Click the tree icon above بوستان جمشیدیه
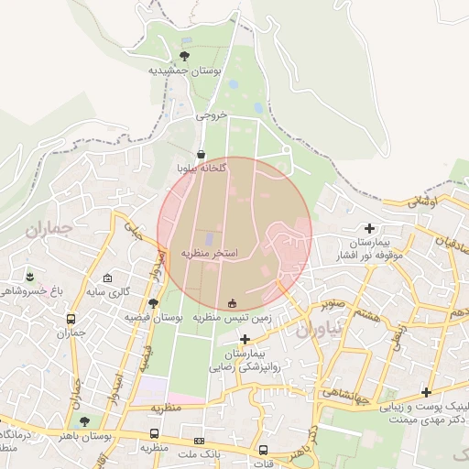[x=184, y=56]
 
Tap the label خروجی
[x=211, y=117]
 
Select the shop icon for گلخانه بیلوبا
[x=202, y=154]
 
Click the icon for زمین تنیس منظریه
[x=231, y=303]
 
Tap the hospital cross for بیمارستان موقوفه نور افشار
[x=369, y=228]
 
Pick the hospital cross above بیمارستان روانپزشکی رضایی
[x=245, y=339]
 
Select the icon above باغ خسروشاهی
[x=30, y=276]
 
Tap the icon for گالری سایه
[x=107, y=278]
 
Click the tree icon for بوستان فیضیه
[x=153, y=302]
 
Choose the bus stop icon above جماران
[x=71, y=320]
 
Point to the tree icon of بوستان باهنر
[x=84, y=422]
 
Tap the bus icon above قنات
[x=264, y=450]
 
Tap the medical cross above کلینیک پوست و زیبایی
[x=425, y=392]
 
